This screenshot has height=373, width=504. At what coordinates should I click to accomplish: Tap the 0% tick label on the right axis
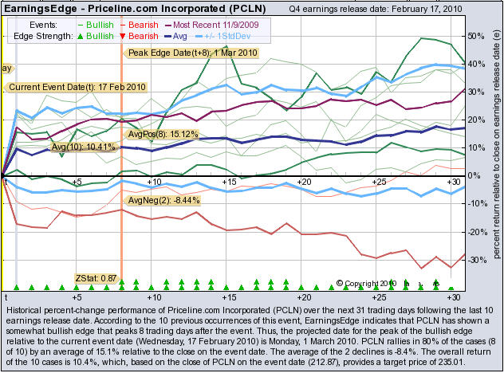click(475, 175)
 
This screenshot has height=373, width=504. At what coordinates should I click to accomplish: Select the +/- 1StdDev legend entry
click(238, 37)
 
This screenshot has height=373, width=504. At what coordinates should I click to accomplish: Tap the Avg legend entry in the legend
click(185, 37)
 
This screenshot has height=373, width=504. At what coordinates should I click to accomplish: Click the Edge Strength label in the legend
click(38, 37)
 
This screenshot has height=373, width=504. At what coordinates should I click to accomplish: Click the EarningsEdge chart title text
click(127, 9)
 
